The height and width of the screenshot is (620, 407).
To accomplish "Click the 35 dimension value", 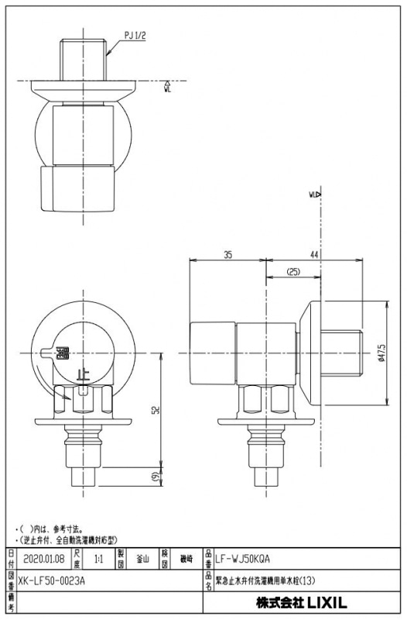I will point(227,254).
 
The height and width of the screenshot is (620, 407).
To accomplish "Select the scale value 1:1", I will point(99,556).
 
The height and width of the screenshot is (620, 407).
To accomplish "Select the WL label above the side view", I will point(314,195).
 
